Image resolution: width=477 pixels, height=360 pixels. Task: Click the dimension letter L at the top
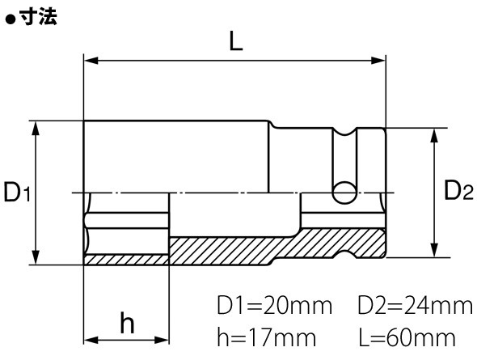tap(236, 41)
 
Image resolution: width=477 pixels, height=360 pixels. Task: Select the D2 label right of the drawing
tap(459, 190)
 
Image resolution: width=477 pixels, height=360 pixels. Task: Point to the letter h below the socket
tap(127, 322)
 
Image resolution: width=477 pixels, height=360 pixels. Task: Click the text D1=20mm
tap(274, 305)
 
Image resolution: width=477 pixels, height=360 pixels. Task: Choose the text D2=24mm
tap(416, 305)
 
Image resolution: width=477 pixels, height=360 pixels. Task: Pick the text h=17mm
tap(267, 337)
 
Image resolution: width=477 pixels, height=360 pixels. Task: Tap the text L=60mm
tap(407, 337)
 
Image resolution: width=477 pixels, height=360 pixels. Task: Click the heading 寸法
tap(39, 16)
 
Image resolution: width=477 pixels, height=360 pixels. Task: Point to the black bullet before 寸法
tap(11, 19)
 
